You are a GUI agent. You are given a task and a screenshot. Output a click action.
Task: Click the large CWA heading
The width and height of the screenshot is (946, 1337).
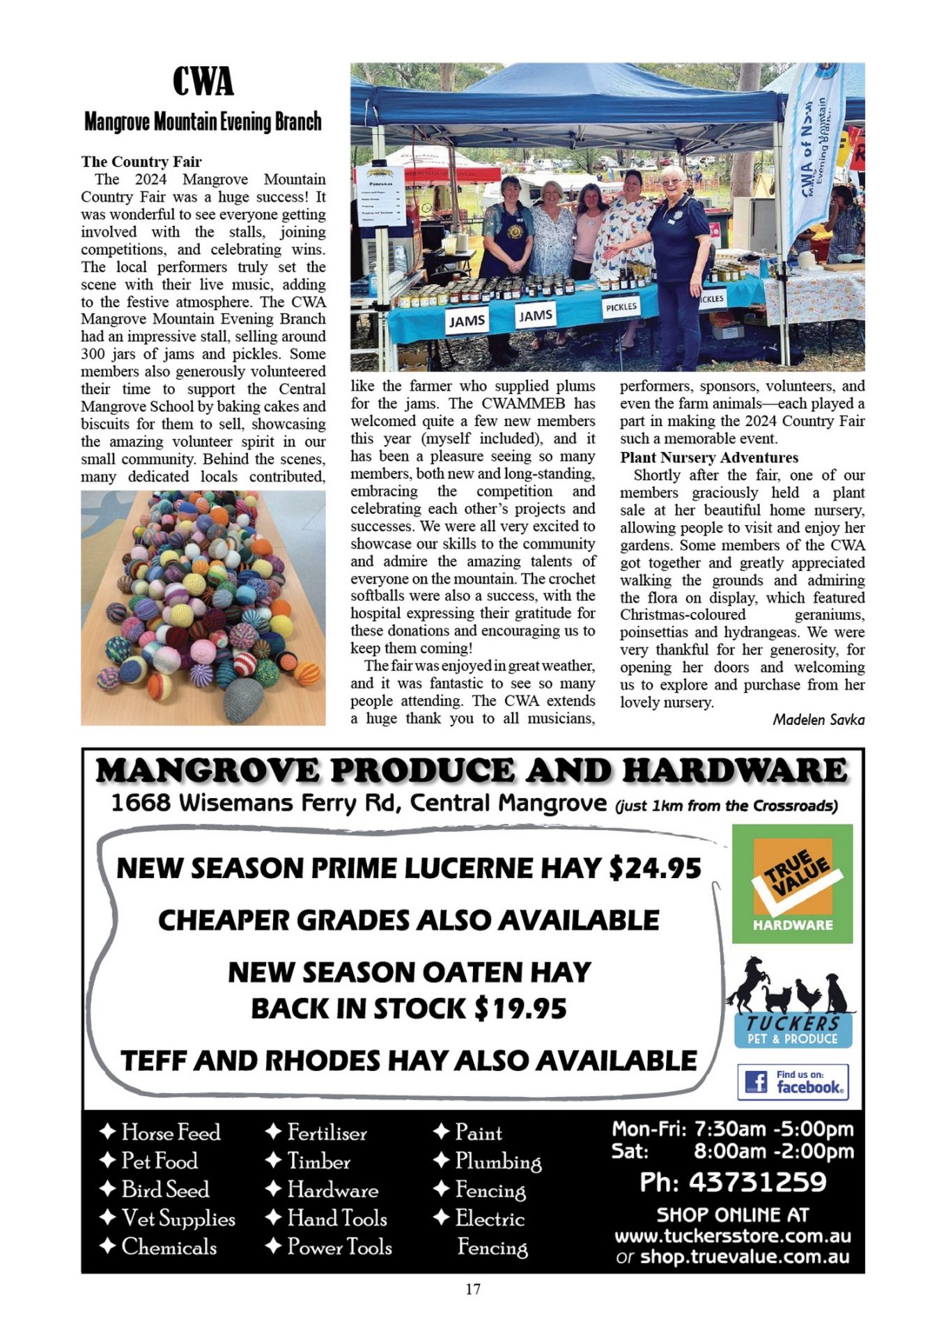203,81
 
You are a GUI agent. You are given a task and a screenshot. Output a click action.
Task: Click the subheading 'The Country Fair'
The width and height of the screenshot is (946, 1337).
141,162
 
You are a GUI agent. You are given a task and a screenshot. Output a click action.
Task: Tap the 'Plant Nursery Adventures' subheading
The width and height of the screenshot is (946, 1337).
709,458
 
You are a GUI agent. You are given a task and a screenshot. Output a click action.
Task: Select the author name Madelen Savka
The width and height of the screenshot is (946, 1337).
818,719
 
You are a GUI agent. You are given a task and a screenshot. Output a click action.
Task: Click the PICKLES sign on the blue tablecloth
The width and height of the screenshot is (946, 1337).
621,306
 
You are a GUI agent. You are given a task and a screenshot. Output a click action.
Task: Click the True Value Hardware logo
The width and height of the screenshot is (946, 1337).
792,884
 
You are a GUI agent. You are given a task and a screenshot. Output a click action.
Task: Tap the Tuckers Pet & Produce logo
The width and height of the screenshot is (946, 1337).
792,1003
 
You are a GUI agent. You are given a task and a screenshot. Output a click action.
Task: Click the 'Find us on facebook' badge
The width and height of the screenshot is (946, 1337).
793,1081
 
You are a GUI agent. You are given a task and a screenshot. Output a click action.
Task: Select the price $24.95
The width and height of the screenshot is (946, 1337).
654,868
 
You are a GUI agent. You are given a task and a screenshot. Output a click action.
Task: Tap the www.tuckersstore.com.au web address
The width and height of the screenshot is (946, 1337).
732,1236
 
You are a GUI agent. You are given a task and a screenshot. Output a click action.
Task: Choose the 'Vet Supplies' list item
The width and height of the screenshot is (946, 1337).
178,1219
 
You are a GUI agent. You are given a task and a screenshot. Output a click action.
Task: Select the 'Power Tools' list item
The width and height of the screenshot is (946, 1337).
339,1246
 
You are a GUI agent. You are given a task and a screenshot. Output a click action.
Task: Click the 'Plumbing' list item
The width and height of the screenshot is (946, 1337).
497,1161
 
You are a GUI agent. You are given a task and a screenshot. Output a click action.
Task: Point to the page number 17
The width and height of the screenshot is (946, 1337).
473,1290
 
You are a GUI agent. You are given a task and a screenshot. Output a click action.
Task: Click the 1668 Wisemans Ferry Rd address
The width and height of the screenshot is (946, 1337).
359,803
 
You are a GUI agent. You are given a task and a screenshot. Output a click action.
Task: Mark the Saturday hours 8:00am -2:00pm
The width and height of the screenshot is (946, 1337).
773,1151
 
